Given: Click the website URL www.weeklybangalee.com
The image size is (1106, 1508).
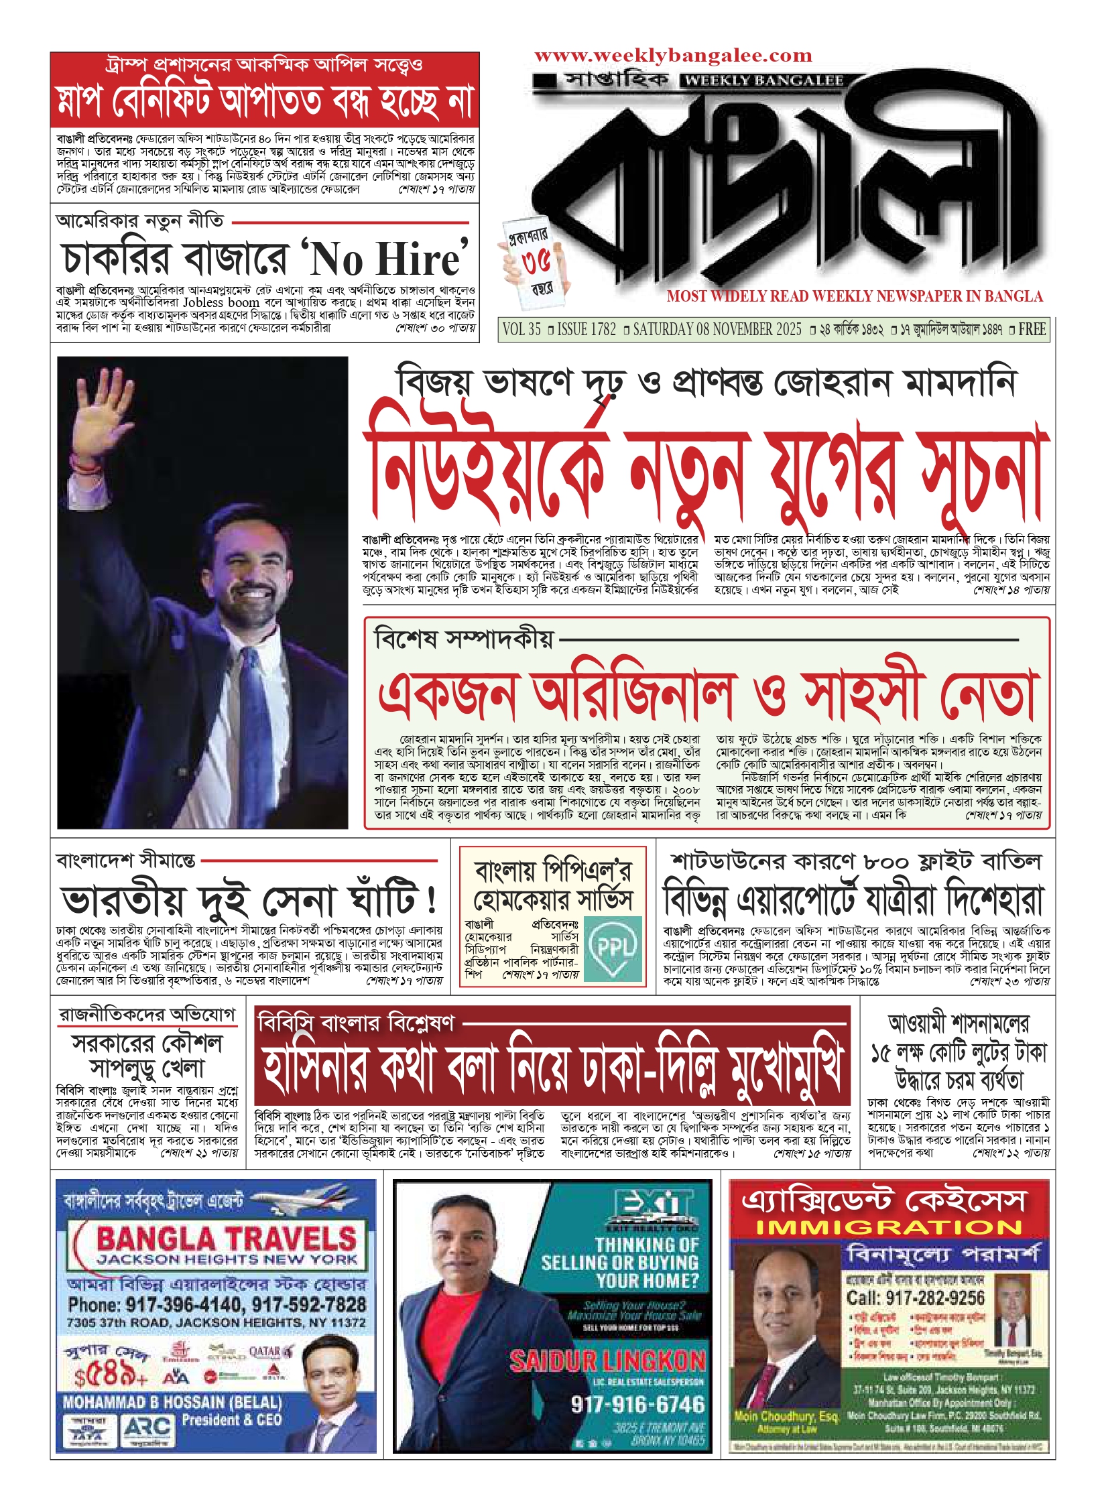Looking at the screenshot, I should (673, 56).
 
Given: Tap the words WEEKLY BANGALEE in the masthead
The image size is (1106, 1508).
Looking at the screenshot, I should (765, 81).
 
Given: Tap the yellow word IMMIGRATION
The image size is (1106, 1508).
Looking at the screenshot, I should (889, 1227).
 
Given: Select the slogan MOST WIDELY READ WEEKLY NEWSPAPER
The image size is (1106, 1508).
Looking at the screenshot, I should (854, 296).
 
